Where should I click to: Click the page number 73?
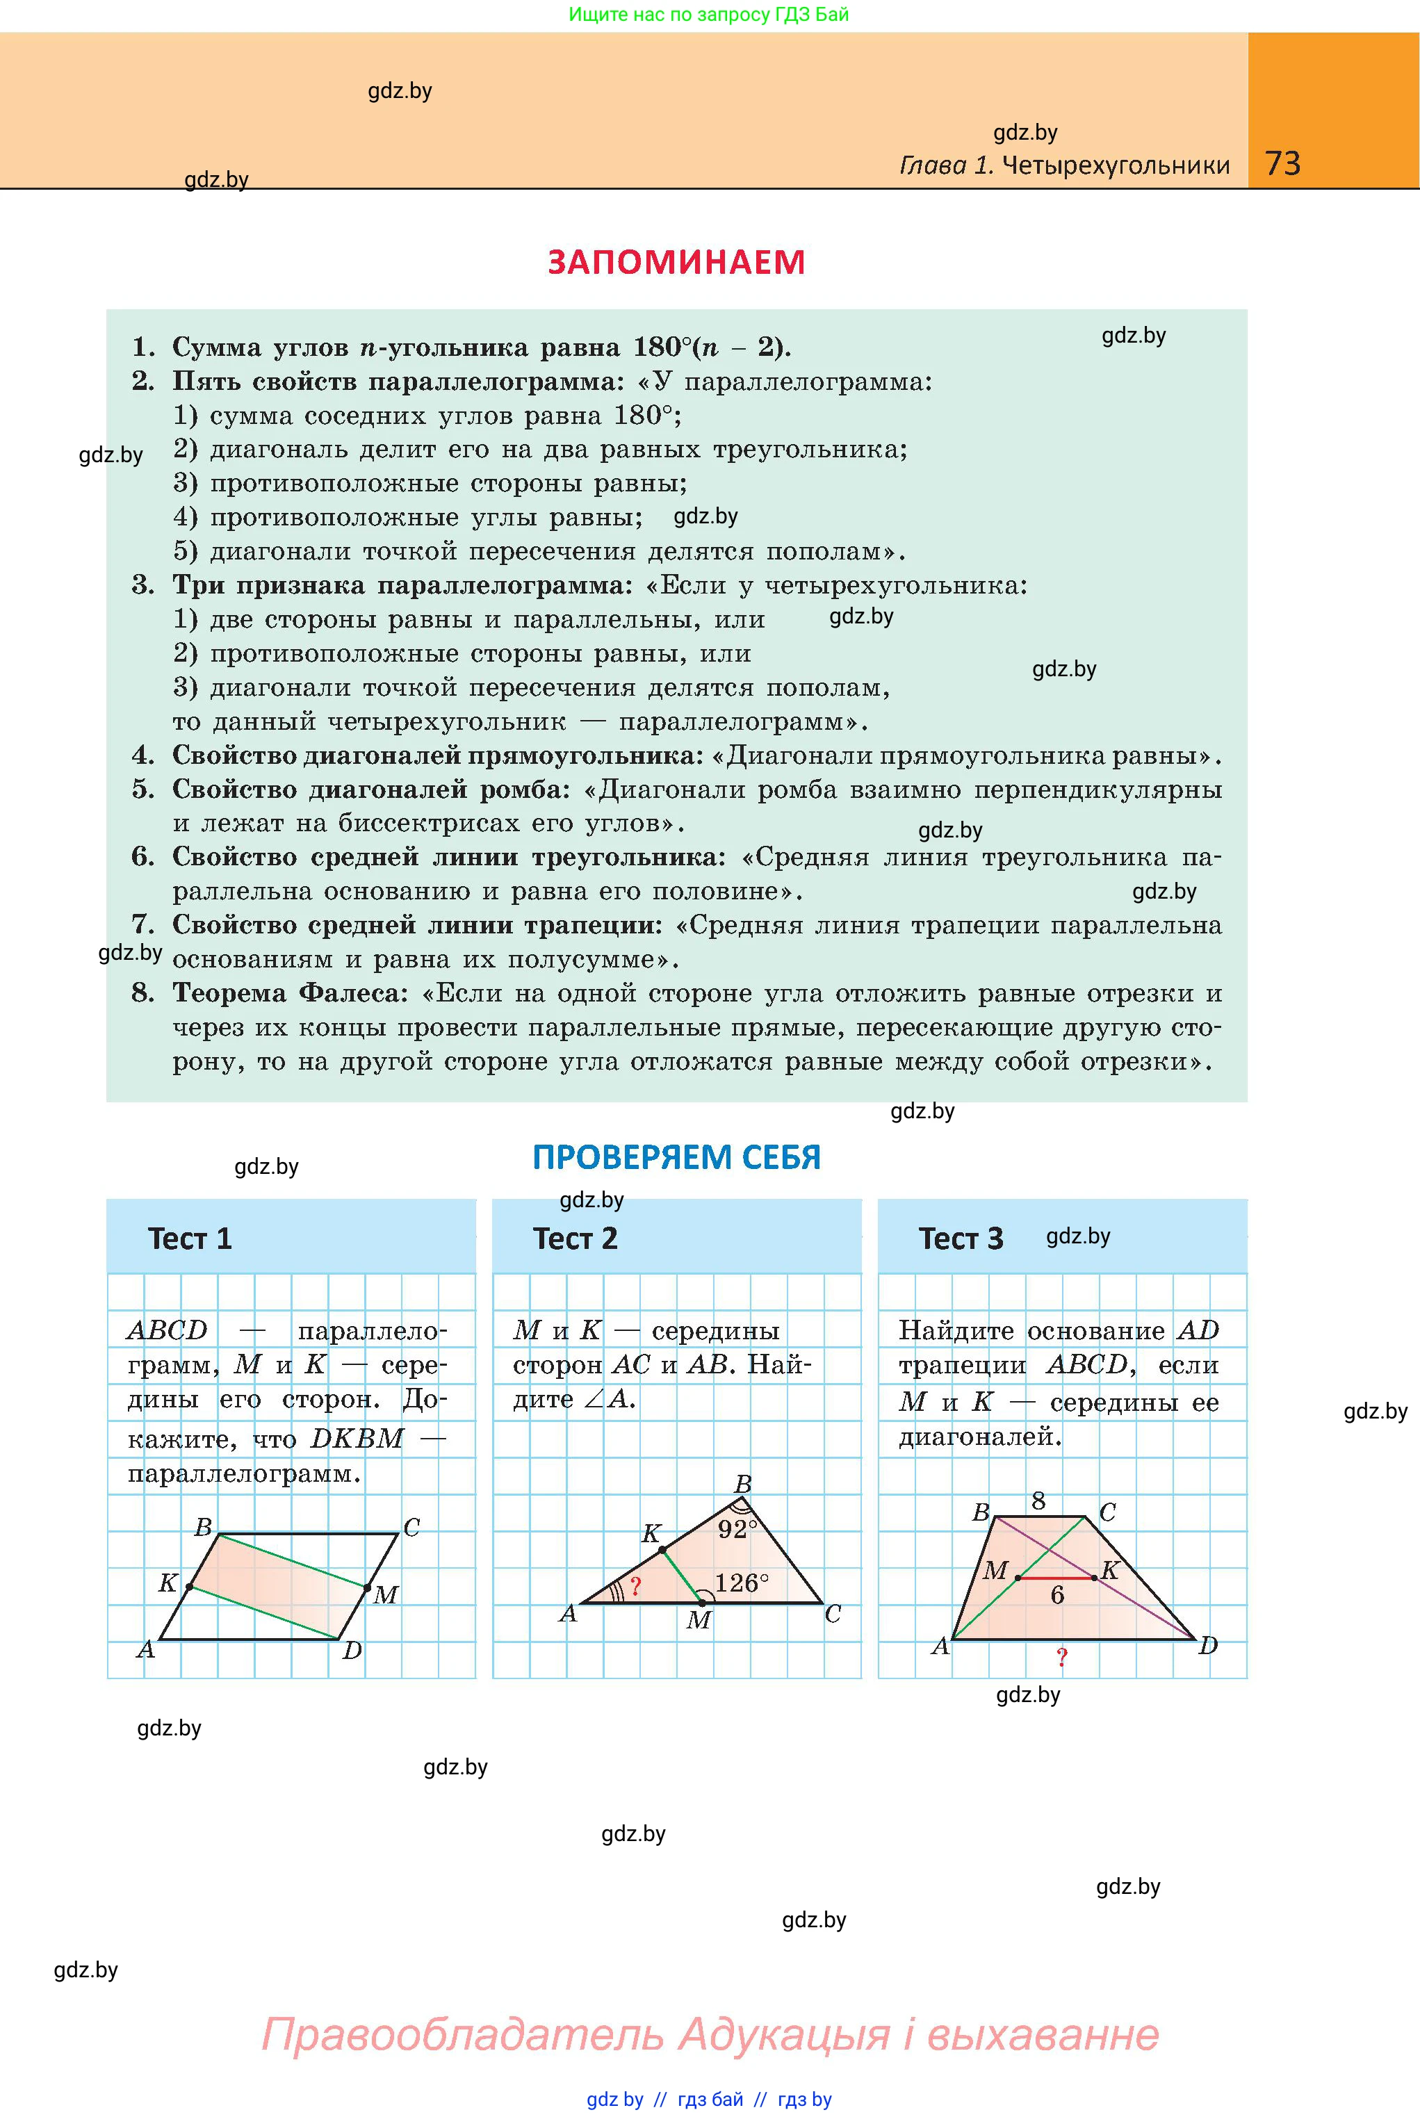[x=1282, y=163]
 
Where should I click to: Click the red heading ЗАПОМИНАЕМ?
[x=676, y=262]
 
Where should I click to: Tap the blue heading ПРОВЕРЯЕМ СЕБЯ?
[x=676, y=1157]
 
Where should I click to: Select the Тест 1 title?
[x=190, y=1238]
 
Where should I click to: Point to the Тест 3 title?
[x=961, y=1238]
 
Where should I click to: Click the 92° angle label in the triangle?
[x=738, y=1529]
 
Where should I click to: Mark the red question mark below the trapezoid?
[x=1062, y=1657]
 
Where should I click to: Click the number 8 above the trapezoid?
[x=1038, y=1501]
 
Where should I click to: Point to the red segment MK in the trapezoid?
[x=1056, y=1578]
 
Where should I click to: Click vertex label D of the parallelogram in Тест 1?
[x=352, y=1650]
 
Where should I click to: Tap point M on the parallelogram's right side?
[x=368, y=1587]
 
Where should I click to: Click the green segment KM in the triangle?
[x=682, y=1576]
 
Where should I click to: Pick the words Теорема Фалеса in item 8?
[x=291, y=993]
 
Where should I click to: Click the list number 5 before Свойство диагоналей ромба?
[x=142, y=790]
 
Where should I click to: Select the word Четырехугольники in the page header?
[x=1117, y=165]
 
